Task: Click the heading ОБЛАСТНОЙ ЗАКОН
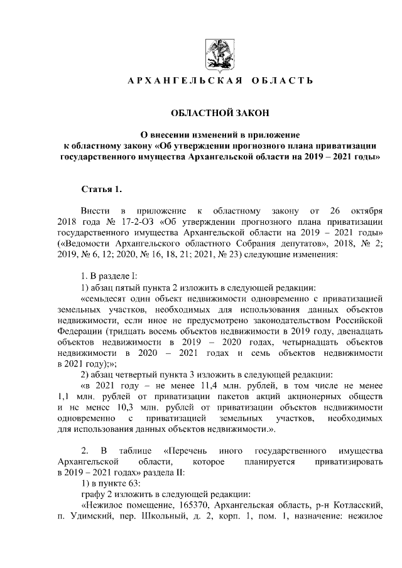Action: tap(220, 112)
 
